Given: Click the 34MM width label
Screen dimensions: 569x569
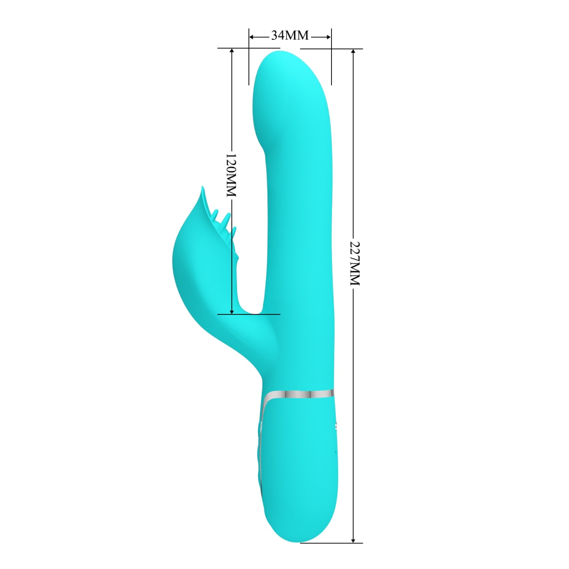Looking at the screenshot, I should click(x=290, y=36).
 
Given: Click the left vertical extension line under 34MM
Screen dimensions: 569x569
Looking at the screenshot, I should click(x=248, y=62).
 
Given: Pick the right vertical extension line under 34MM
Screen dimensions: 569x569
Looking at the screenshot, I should click(x=331, y=62).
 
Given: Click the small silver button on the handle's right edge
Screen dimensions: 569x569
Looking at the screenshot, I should click(x=337, y=427).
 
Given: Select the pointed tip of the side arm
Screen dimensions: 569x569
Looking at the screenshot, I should click(x=202, y=189).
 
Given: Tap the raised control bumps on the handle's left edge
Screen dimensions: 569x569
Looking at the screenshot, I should click(x=259, y=455).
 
